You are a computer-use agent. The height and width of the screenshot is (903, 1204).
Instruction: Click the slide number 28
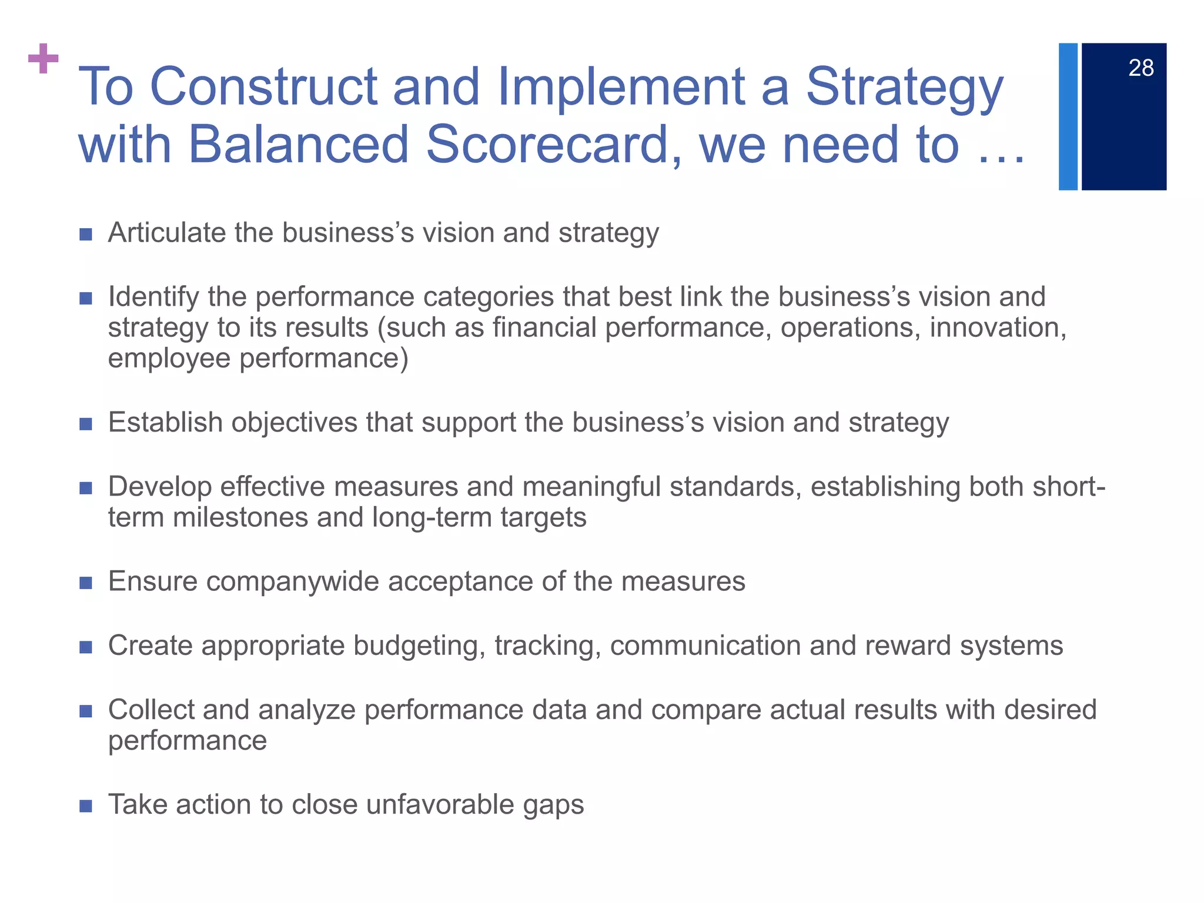[x=1141, y=68]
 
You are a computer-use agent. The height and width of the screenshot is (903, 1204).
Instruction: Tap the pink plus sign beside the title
[x=44, y=59]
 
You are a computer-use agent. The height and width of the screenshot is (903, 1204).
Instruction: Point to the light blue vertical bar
[x=1068, y=116]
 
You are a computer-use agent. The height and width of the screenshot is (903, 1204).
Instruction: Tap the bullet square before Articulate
[x=86, y=235]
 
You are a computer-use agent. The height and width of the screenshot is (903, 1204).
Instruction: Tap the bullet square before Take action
[x=86, y=806]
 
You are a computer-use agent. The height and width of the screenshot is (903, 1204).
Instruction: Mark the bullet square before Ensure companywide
[x=86, y=583]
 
